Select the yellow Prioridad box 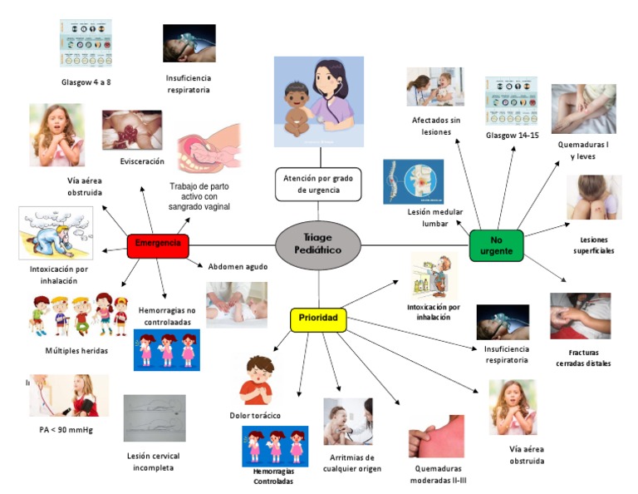[x=318, y=319]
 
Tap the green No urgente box [x=496, y=245]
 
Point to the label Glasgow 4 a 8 [x=86, y=82]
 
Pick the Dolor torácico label [x=255, y=415]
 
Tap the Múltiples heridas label [x=76, y=350]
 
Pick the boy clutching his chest [x=256, y=380]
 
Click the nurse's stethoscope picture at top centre [x=319, y=100]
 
